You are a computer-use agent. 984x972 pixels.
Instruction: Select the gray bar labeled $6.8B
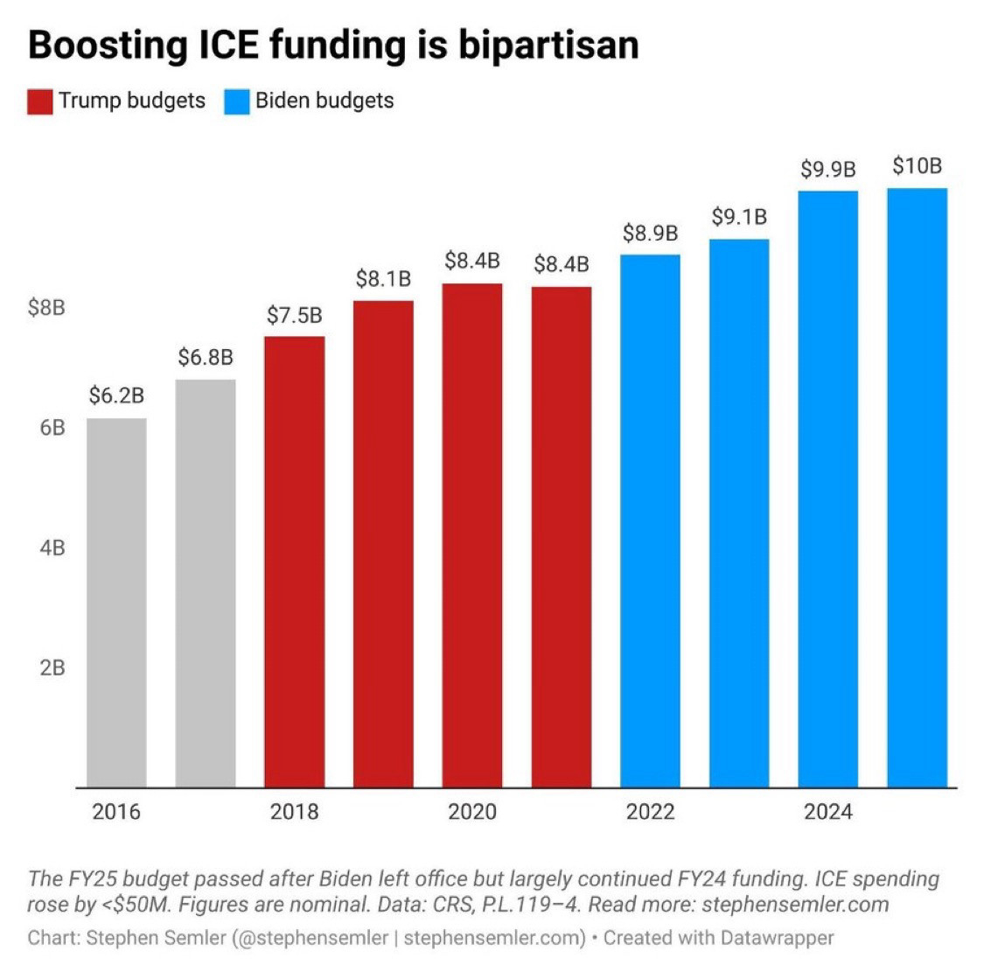(206, 583)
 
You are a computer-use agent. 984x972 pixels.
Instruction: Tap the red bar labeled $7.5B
(294, 561)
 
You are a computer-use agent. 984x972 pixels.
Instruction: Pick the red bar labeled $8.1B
(383, 543)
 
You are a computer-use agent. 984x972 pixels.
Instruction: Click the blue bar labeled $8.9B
(650, 521)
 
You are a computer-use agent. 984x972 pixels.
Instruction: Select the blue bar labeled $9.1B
(739, 513)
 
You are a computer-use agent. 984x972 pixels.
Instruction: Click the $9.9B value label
(827, 169)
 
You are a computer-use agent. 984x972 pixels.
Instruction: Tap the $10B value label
(917, 165)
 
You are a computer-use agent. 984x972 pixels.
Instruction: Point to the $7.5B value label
(294, 315)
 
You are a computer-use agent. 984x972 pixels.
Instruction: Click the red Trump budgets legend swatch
(40, 101)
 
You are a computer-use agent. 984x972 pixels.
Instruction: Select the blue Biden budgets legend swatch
(237, 101)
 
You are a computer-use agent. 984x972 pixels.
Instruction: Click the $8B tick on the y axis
(47, 308)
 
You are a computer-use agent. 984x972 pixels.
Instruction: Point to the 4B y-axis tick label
(52, 548)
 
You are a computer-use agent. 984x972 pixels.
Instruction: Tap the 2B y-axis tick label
(52, 668)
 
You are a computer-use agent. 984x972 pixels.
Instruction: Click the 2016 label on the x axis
(116, 812)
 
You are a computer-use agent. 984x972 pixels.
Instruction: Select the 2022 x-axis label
(650, 812)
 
